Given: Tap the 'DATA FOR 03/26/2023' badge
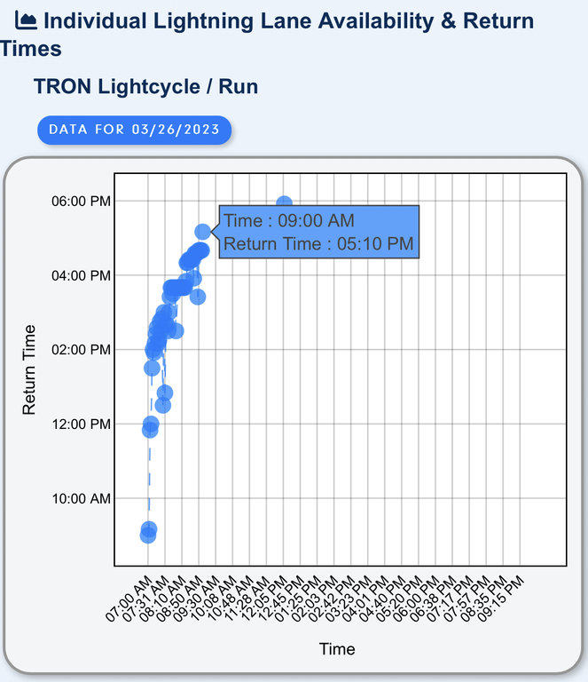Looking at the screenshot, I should tap(134, 130).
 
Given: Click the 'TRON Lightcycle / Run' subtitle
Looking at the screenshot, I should tap(145, 87).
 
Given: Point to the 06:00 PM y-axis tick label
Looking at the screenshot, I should tap(82, 201).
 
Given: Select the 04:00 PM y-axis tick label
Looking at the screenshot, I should tap(82, 275).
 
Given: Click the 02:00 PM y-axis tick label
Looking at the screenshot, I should tap(82, 350).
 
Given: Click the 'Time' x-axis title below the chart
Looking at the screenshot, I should tap(337, 649).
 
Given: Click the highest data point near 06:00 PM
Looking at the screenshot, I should tap(284, 204).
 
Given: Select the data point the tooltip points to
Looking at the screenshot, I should tap(202, 232).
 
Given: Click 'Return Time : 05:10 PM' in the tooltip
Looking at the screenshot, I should tap(318, 243).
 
